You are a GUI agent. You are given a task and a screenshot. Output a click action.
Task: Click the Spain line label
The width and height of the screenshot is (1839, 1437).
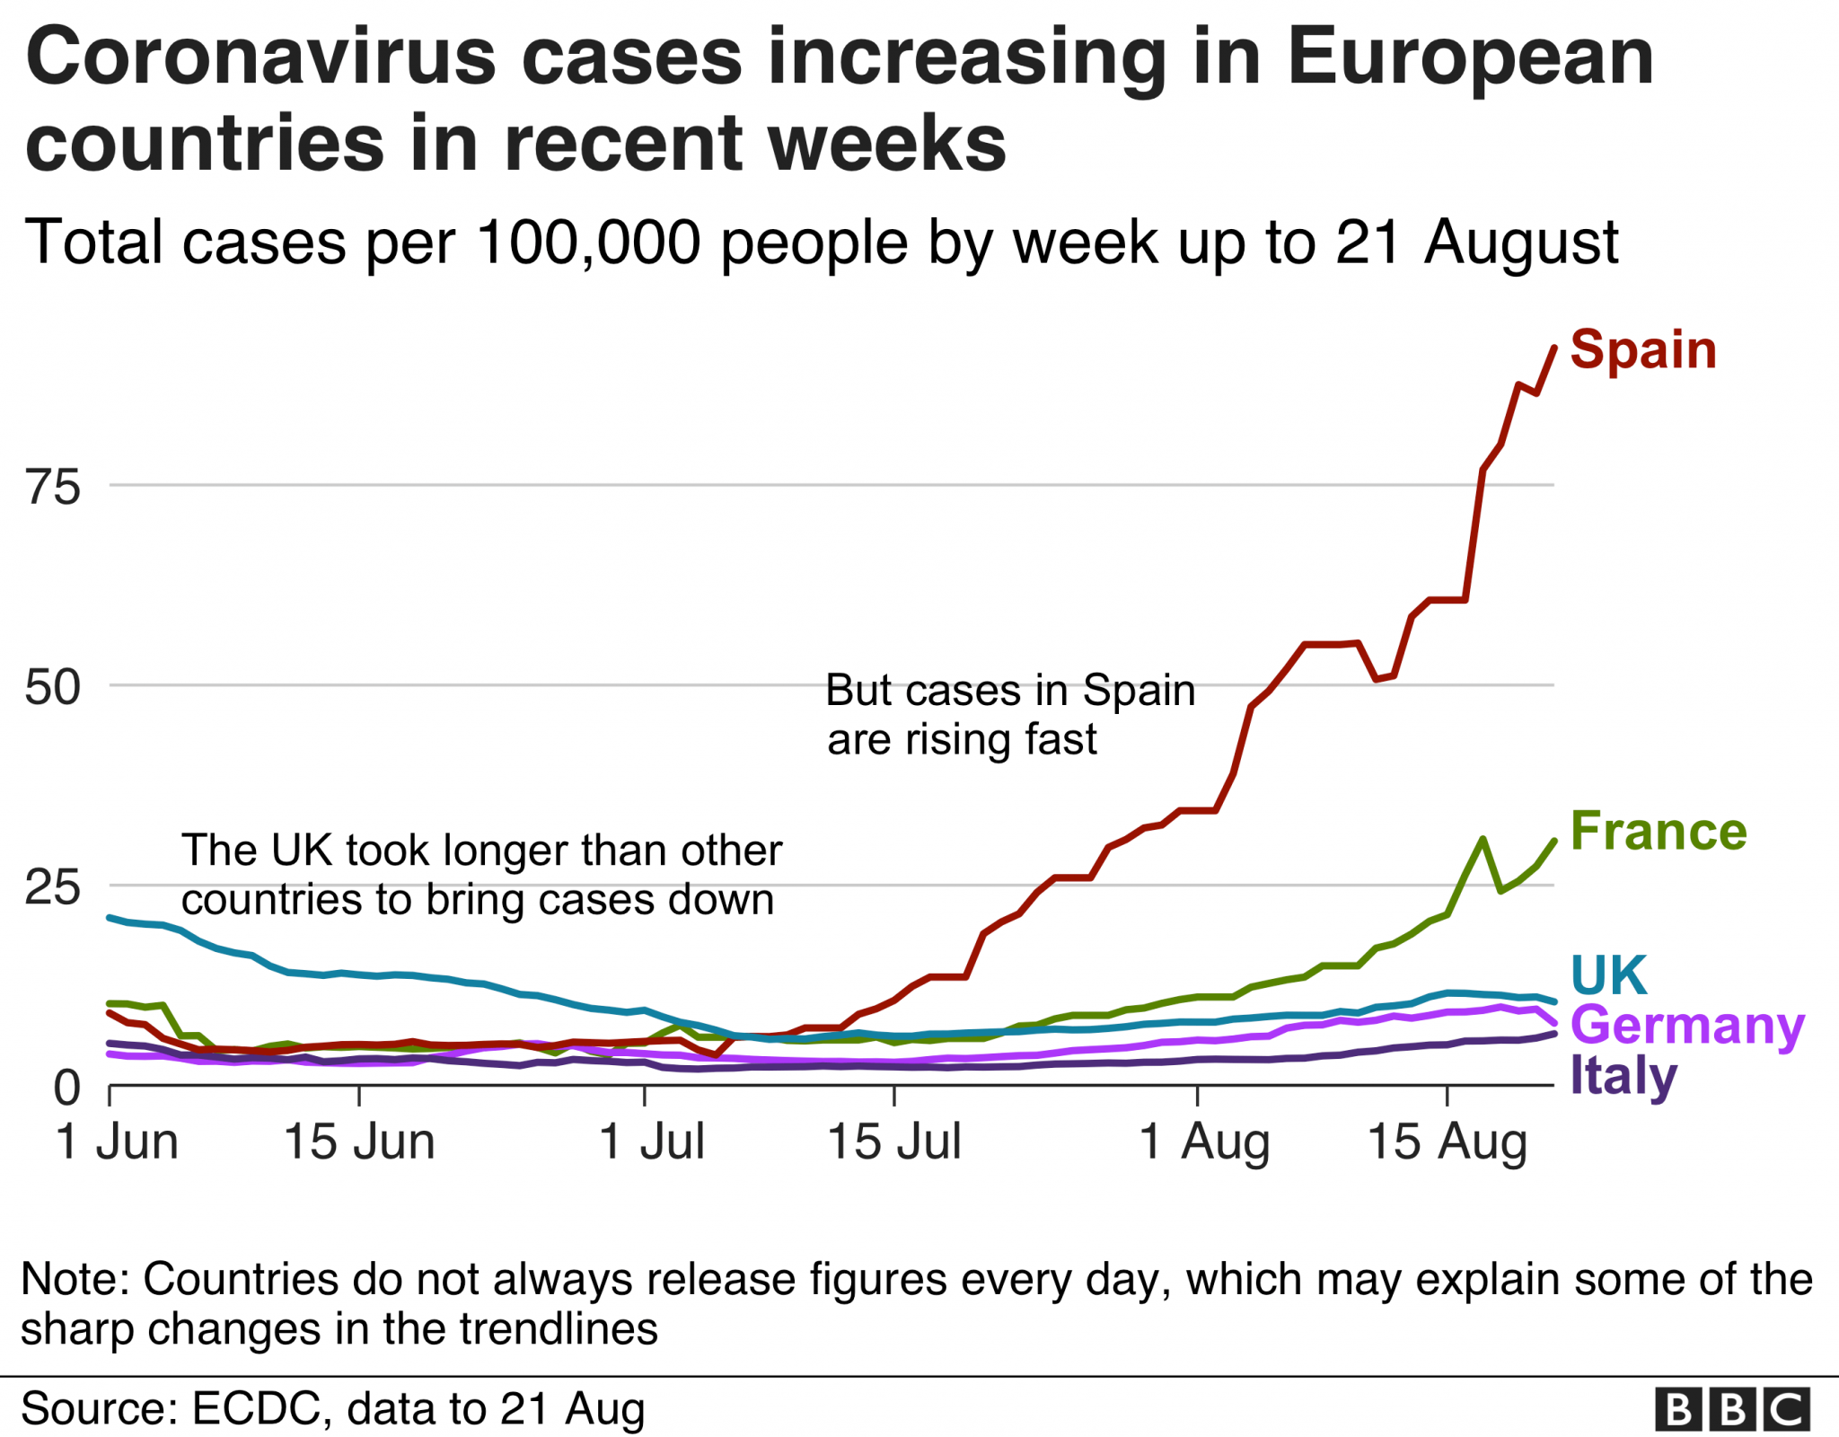click(1642, 349)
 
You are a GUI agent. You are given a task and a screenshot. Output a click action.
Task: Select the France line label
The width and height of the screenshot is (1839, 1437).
click(1659, 831)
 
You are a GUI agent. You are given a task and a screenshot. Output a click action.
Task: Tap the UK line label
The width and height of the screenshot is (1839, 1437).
click(1609, 974)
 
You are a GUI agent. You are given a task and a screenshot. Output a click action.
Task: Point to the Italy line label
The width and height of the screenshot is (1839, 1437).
click(1623, 1076)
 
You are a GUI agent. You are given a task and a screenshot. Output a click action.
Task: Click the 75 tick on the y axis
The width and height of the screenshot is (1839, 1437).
click(53, 488)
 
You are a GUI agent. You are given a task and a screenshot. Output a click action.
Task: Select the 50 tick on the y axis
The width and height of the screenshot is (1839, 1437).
click(53, 688)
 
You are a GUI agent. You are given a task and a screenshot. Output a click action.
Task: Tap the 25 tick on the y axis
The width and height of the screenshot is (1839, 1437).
click(53, 888)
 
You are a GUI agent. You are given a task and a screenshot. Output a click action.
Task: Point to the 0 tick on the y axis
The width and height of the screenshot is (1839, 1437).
click(67, 1089)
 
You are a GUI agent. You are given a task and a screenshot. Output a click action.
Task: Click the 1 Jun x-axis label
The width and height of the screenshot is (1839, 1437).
click(117, 1142)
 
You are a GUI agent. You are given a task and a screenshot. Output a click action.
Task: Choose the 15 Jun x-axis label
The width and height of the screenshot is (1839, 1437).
click(359, 1142)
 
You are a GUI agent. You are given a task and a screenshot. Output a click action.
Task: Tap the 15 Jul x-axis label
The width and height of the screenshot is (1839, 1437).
click(893, 1142)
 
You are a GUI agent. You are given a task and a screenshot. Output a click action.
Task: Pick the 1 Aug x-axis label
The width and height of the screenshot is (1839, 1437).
click(1203, 1142)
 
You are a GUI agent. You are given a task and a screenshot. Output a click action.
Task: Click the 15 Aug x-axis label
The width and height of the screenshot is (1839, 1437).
click(1447, 1142)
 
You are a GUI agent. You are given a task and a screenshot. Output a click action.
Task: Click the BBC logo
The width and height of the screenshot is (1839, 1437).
click(1732, 1409)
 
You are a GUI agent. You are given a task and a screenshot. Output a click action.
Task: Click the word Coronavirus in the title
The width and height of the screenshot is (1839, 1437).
click(261, 57)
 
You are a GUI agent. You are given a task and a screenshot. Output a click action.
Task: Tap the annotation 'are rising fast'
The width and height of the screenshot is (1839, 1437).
click(962, 740)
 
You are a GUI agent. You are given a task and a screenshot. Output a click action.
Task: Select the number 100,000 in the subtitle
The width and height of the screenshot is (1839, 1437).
click(588, 242)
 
